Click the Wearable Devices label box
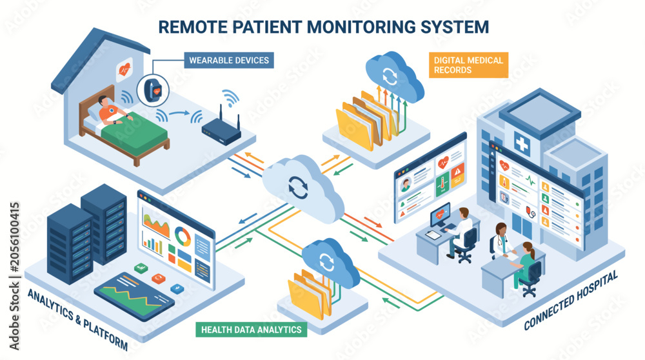(x=229, y=60)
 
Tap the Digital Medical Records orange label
(x=468, y=65)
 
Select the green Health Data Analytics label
(x=252, y=330)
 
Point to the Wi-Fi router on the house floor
(x=221, y=128)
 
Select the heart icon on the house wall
(x=124, y=70)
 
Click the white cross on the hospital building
(x=522, y=144)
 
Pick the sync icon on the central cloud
(x=298, y=187)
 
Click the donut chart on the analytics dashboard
(x=183, y=236)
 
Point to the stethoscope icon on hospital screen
(x=531, y=212)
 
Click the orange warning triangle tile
(x=457, y=172)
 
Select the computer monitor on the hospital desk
(x=440, y=215)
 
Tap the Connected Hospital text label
(x=571, y=301)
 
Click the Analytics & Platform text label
(x=77, y=319)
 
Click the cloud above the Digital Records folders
(x=393, y=75)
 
